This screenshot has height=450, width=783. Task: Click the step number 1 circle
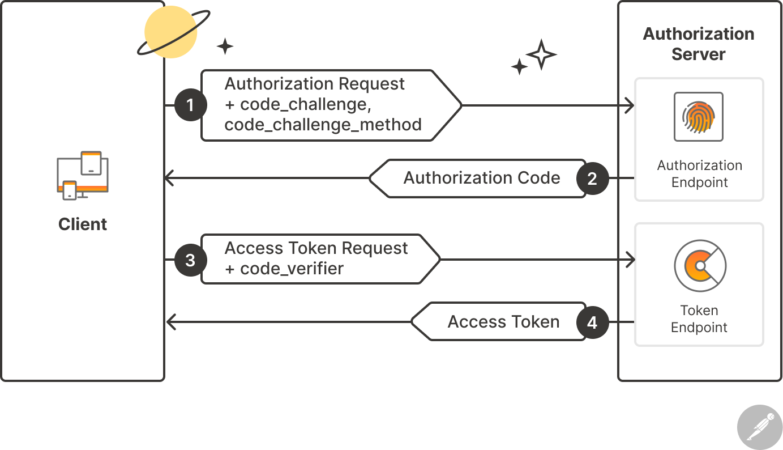pos(190,105)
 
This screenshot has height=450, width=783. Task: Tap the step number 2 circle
pos(592,179)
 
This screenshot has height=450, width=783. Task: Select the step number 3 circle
pos(190,260)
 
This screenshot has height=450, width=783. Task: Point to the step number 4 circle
pos(592,322)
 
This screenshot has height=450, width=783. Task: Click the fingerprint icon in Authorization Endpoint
pos(699,116)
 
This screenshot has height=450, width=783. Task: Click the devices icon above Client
pos(83,175)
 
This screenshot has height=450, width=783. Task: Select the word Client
pos(83,224)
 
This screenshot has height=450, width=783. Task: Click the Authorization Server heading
pos(699,44)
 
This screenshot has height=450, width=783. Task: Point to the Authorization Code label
pos(482,178)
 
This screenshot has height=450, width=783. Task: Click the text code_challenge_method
pos(323,125)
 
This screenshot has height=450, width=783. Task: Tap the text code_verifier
pos(292,268)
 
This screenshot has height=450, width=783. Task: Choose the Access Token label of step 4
pos(503,322)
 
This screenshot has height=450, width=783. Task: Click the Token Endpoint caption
pos(699,319)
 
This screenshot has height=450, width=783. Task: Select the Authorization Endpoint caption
pos(699,174)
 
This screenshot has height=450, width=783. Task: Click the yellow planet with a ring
pos(170,33)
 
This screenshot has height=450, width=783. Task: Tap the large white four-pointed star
pos(541,54)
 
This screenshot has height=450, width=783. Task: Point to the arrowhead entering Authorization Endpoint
pos(628,105)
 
